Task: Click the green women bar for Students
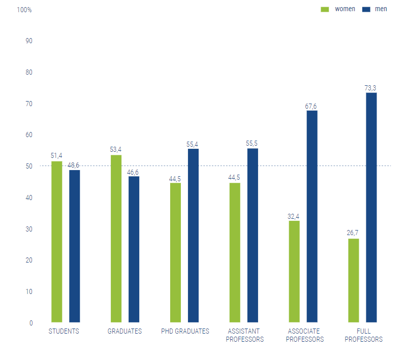56,242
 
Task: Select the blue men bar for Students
74,246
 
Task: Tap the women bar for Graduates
116,239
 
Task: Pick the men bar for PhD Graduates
193,236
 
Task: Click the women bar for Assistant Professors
235,252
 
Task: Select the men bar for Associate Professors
312,216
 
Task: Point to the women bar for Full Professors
354,280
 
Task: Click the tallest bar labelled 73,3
371,207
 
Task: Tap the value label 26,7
354,233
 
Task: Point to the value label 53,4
116,150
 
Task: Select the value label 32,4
294,216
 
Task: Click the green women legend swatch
325,9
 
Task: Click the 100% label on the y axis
24,10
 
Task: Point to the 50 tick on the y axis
29,166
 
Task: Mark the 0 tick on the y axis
31,323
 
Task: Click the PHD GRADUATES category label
185,331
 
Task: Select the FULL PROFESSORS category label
363,335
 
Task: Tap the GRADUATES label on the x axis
124,331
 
